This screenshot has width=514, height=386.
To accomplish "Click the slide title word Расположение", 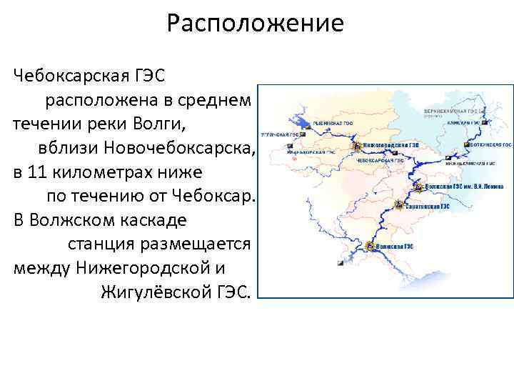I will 255,24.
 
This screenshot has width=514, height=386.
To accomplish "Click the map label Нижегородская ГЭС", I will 390,144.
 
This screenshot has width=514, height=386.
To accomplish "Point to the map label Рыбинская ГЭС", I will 329,122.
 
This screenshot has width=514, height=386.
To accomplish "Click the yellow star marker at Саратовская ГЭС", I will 397,206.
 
